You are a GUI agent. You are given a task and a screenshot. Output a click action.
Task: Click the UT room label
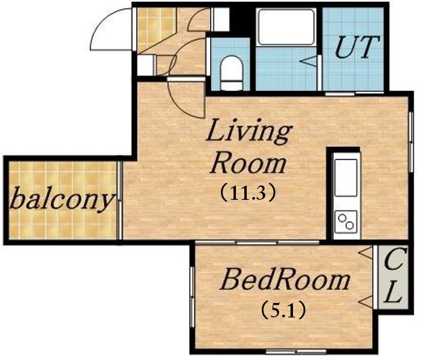pyautogui.click(x=357, y=47)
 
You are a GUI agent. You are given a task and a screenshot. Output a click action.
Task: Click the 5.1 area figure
pyautogui.click(x=283, y=310)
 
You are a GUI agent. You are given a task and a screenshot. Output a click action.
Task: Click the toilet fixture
pyautogui.click(x=232, y=73)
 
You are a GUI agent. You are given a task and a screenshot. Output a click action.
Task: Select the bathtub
pyautogui.click(x=286, y=27)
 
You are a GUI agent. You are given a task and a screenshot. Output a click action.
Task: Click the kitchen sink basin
pyautogui.click(x=346, y=178)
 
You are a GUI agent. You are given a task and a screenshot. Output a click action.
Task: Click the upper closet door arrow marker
pyautogui.click(x=366, y=253)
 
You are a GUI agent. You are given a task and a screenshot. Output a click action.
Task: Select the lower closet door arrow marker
pyautogui.click(x=366, y=301)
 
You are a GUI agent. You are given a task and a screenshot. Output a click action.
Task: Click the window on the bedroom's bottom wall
pyautogui.click(x=296, y=351)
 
